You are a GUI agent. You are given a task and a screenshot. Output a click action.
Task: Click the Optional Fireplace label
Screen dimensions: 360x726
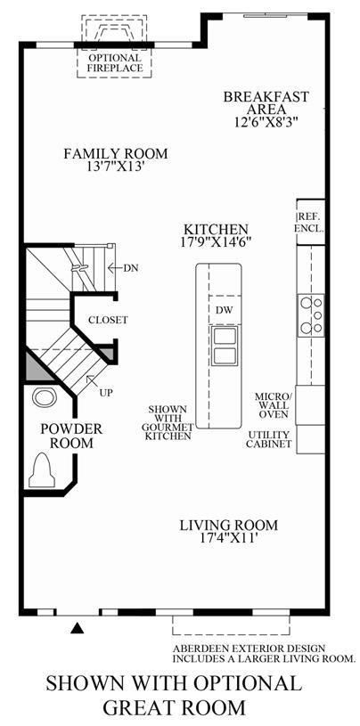[x=114, y=62]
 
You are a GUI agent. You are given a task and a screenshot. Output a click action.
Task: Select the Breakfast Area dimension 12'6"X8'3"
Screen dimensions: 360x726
[x=266, y=122]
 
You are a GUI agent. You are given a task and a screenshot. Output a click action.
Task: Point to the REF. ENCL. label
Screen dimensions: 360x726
[x=309, y=222]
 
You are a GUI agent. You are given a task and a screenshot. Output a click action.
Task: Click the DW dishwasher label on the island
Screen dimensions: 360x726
[x=225, y=310]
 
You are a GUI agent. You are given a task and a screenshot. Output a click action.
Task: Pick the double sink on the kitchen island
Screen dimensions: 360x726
[x=225, y=346]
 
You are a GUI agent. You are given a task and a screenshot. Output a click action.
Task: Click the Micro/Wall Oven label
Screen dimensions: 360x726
[x=274, y=405]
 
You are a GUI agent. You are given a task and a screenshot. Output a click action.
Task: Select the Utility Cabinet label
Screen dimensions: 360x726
[x=269, y=439]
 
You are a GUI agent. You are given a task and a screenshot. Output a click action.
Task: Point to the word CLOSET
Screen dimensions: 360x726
[x=108, y=320]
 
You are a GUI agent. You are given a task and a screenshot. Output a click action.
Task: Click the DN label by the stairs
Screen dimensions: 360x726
[x=131, y=267]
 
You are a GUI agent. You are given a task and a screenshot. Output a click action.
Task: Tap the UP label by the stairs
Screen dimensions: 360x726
[x=106, y=392]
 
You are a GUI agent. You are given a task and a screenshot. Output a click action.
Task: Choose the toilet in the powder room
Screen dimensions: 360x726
[x=42, y=470]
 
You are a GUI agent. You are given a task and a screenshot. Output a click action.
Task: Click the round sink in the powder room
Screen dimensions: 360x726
[x=44, y=397]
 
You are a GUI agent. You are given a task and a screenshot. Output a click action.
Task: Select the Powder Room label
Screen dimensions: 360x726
[x=72, y=436]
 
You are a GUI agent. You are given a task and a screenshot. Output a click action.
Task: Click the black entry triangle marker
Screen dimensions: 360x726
[x=78, y=628]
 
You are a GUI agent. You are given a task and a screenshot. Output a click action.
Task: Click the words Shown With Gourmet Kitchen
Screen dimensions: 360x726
[x=168, y=422]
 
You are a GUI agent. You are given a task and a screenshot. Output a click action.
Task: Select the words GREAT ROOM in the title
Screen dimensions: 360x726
[x=174, y=707]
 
